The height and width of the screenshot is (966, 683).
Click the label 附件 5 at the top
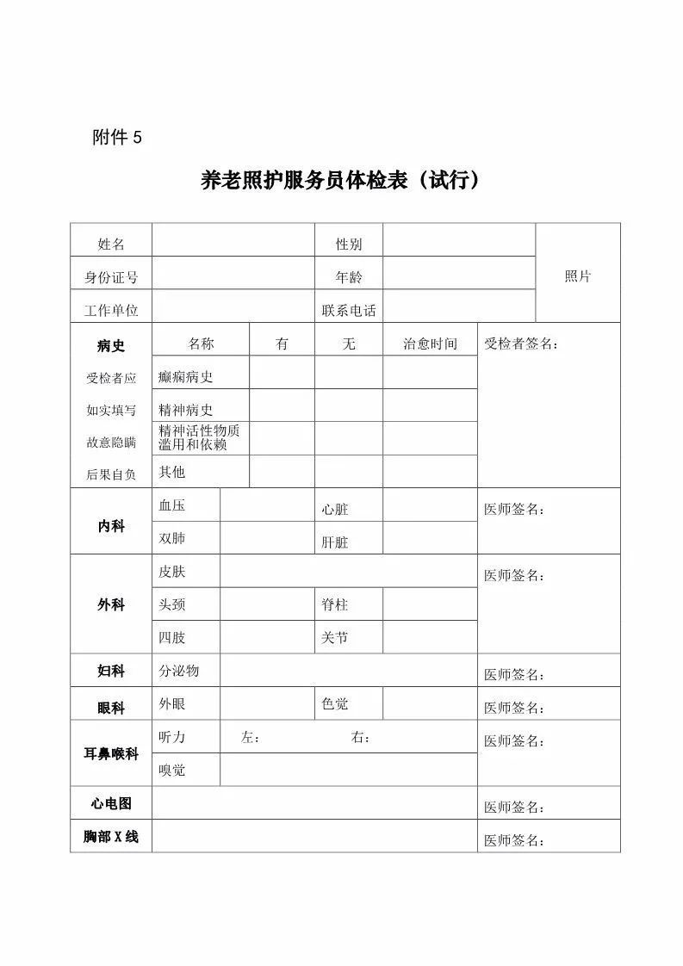[x=116, y=137]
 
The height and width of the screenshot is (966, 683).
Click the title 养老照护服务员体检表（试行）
[x=340, y=182]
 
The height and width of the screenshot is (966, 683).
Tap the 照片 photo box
[x=578, y=276]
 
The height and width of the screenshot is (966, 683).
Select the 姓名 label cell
[x=111, y=245]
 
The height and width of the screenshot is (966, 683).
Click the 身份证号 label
[x=111, y=278]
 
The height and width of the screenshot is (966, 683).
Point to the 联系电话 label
[x=348, y=311]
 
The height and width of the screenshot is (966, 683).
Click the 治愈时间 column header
[x=430, y=344]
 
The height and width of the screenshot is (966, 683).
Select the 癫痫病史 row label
[x=185, y=377]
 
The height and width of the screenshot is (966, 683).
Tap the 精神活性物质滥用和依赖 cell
[x=199, y=437]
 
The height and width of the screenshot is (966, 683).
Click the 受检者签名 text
[x=521, y=344]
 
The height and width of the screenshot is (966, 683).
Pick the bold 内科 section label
[x=111, y=526]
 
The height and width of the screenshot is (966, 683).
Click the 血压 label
[x=171, y=505]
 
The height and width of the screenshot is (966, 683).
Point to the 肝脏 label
[x=335, y=543]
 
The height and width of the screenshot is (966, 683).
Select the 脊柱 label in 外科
[x=335, y=605]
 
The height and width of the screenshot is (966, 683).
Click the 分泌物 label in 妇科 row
[x=178, y=671]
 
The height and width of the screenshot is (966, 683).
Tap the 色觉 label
[x=335, y=704]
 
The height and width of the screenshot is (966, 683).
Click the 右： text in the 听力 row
[x=361, y=738]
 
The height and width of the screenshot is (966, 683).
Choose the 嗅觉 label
[x=171, y=771]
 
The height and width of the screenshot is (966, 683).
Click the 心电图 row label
[x=111, y=803]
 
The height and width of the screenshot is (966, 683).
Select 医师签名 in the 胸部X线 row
[x=514, y=841]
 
